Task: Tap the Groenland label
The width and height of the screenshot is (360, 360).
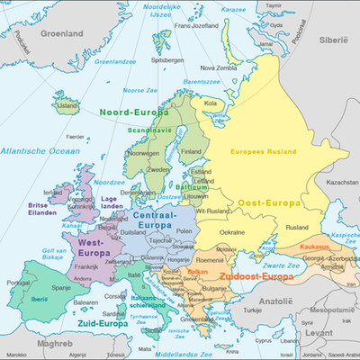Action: (x=50, y=33)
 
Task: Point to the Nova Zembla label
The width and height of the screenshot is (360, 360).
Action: (x=220, y=67)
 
